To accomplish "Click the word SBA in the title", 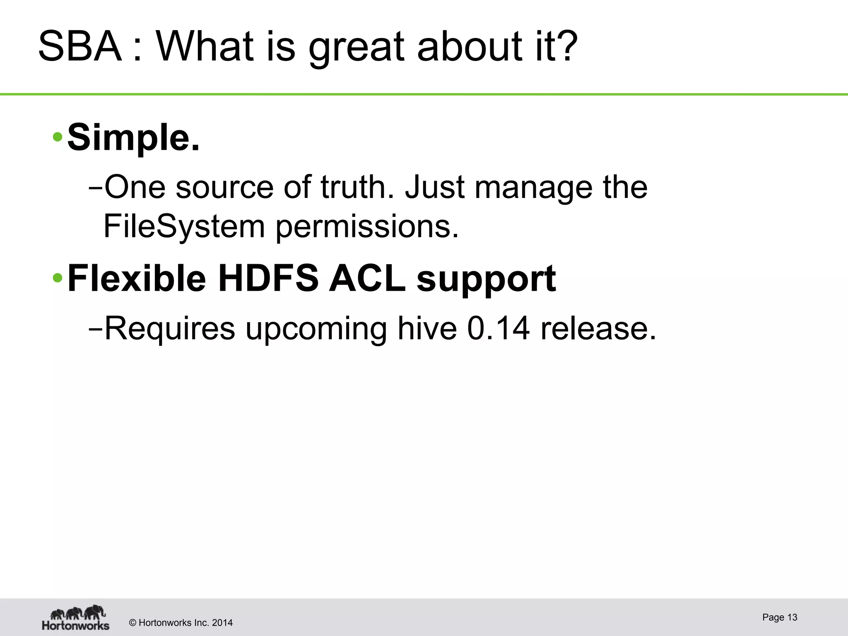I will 80,46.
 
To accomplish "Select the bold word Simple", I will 133,138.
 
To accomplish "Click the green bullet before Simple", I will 58,137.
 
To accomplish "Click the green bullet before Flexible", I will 58,278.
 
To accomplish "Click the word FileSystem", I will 184,226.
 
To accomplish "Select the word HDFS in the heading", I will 268,278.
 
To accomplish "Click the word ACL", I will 367,278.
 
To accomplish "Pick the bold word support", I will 486,280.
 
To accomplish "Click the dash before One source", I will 95,188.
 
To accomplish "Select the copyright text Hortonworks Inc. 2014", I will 181,623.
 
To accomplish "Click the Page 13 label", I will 779,617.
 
